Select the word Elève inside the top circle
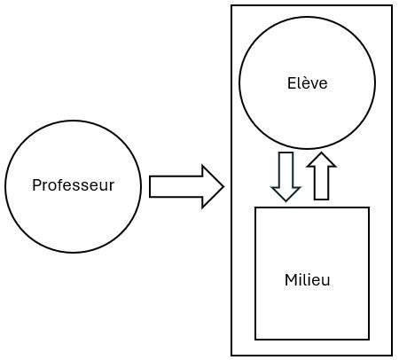[x=308, y=83]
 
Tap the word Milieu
[x=308, y=279]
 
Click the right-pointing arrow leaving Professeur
[x=186, y=186]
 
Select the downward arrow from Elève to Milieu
[x=286, y=176]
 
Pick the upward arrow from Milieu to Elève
[x=321, y=176]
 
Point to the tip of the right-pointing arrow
[x=223, y=186]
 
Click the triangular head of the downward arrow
[x=286, y=192]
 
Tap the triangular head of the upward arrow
[x=321, y=160]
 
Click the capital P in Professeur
[x=35, y=185]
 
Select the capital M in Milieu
[x=289, y=279]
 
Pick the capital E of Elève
[x=291, y=83]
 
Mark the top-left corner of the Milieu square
[x=255, y=207]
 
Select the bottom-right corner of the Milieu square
[x=369, y=339]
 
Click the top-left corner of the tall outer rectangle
[x=231, y=6]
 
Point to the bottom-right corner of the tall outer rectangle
[x=392, y=355]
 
